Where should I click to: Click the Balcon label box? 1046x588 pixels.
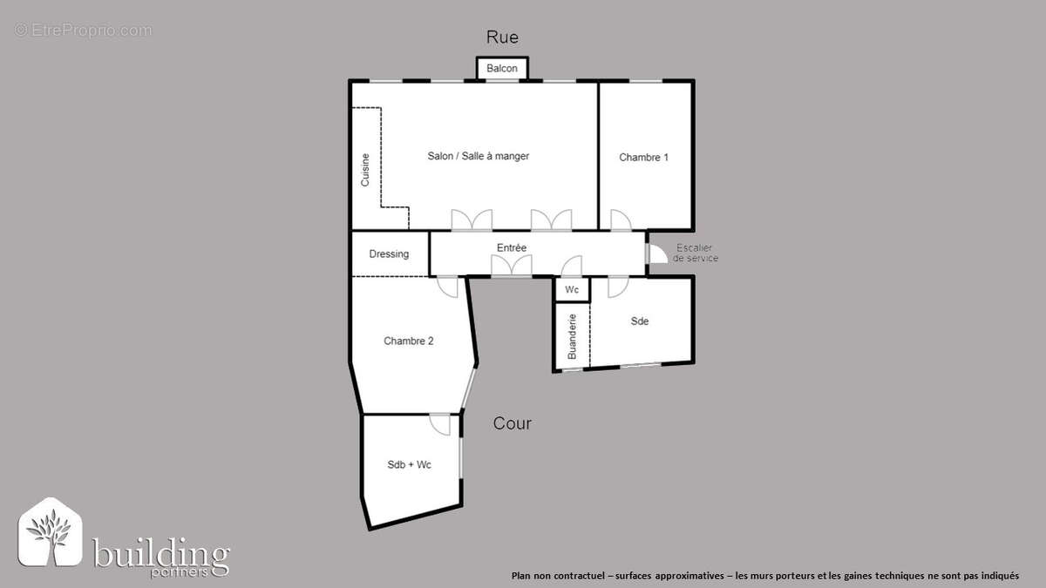502,69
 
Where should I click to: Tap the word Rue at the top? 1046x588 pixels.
503,37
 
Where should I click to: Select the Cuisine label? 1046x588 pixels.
365,170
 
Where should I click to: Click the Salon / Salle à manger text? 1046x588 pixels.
478,156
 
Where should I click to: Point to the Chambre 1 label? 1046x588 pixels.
643,158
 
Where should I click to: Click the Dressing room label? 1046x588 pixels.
389,254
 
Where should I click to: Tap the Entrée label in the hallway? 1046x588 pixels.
512,248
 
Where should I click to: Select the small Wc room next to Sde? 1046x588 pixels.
573,289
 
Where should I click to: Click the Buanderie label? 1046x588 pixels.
572,336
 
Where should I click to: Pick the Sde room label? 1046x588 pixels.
640,321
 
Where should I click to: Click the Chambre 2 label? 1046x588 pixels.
409,341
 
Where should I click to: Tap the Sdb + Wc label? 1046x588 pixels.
409,465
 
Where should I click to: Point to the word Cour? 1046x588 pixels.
512,424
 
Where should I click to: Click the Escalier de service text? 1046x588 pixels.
695,253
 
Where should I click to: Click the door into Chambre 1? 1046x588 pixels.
621,220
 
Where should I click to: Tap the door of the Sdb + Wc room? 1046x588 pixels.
441,425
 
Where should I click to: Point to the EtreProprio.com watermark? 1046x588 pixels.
83,30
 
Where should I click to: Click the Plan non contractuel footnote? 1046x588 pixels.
764,576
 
